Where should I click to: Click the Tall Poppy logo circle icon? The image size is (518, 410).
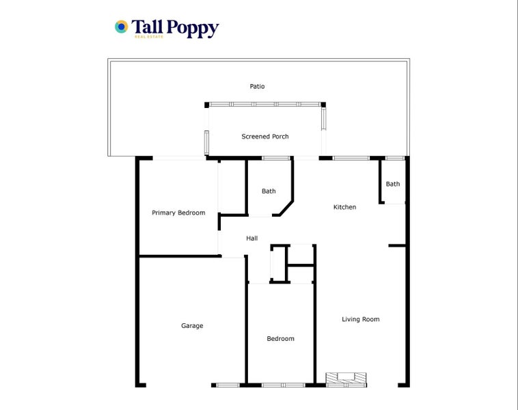pyautogui.click(x=121, y=27)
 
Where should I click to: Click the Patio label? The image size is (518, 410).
pyautogui.click(x=257, y=87)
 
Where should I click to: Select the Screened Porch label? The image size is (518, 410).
pyautogui.click(x=265, y=137)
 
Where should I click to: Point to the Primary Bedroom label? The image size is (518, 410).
pyautogui.click(x=178, y=213)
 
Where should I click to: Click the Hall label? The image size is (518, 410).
pyautogui.click(x=252, y=238)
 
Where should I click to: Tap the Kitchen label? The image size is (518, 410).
pyautogui.click(x=344, y=207)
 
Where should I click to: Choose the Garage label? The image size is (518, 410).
pyautogui.click(x=192, y=326)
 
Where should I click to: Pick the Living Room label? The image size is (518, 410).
pyautogui.click(x=361, y=319)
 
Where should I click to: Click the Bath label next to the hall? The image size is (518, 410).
pyautogui.click(x=269, y=191)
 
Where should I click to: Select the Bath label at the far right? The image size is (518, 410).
pyautogui.click(x=393, y=184)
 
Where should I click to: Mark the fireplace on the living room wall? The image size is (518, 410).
pyautogui.click(x=346, y=379)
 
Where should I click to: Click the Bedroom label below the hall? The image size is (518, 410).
pyautogui.click(x=280, y=339)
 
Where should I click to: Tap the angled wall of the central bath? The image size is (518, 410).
pyautogui.click(x=287, y=208)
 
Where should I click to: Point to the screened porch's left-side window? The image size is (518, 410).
pyautogui.click(x=206, y=141)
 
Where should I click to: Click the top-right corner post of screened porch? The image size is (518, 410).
pyautogui.click(x=323, y=105)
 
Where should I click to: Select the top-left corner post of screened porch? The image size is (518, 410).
pyautogui.click(x=206, y=105)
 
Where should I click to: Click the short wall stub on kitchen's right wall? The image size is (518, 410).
pyautogui.click(x=397, y=245)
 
